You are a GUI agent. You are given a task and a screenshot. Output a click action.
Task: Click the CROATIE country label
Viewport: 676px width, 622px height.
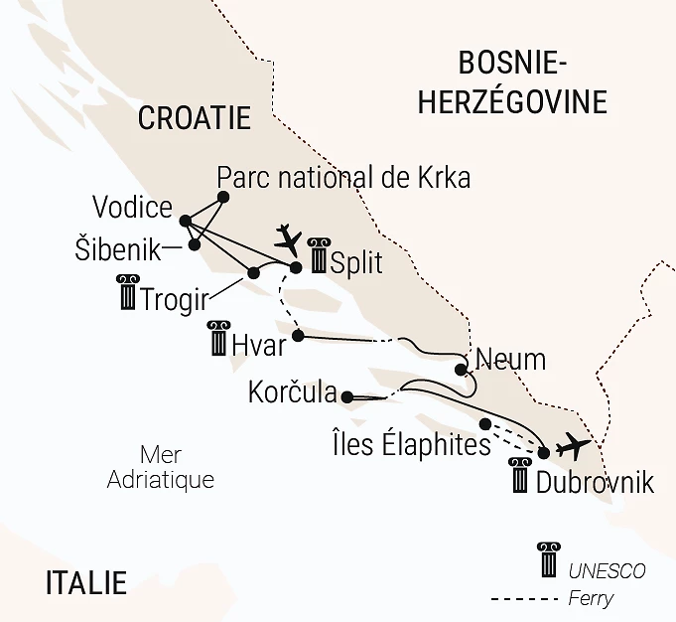[194, 119]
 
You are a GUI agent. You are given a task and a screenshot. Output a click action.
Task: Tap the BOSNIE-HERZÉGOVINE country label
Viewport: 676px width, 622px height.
[511, 83]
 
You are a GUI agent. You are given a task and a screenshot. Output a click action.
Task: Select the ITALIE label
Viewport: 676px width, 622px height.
[86, 582]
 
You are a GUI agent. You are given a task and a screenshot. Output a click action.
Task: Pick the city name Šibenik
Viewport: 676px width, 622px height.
[117, 248]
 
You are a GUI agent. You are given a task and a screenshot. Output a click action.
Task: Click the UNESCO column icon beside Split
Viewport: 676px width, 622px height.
[318, 255]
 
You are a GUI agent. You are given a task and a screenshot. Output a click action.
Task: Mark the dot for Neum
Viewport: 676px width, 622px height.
[461, 370]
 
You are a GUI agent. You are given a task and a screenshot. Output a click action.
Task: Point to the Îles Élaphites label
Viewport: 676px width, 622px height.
[413, 444]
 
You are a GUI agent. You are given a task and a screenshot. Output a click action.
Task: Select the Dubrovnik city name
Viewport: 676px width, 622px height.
[594, 483]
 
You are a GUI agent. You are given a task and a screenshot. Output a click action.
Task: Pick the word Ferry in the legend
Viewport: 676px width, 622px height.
[592, 598]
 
